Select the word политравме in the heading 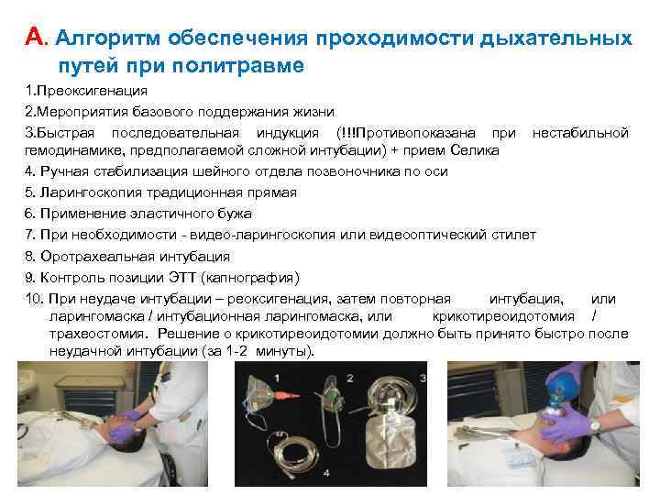pyautogui.click(x=251, y=67)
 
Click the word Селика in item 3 pyautogui.click(x=478, y=150)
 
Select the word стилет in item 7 pyautogui.click(x=514, y=235)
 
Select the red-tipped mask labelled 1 pyautogui.click(x=266, y=395)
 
